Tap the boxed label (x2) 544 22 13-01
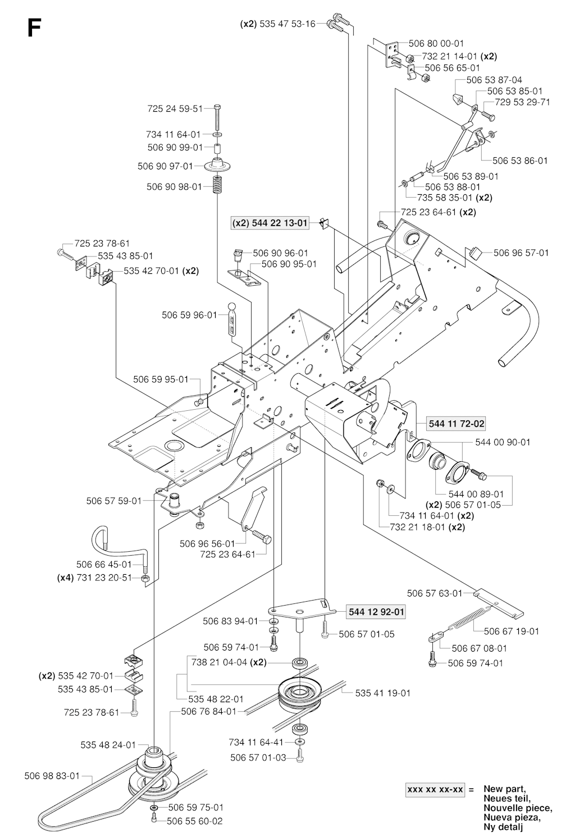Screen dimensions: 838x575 [x=270, y=223]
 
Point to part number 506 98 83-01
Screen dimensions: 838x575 [x=50, y=776]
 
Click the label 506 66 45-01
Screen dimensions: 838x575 [x=104, y=564]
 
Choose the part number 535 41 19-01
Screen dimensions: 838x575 [x=382, y=693]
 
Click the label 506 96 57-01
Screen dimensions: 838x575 [x=521, y=253]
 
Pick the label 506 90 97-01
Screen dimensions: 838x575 [x=165, y=166]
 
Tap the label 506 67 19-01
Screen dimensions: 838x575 [x=511, y=631]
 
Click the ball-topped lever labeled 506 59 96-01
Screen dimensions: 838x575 [x=232, y=320]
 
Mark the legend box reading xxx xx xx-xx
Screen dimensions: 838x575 [x=435, y=789]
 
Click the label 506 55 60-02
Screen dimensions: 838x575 [x=194, y=821]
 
